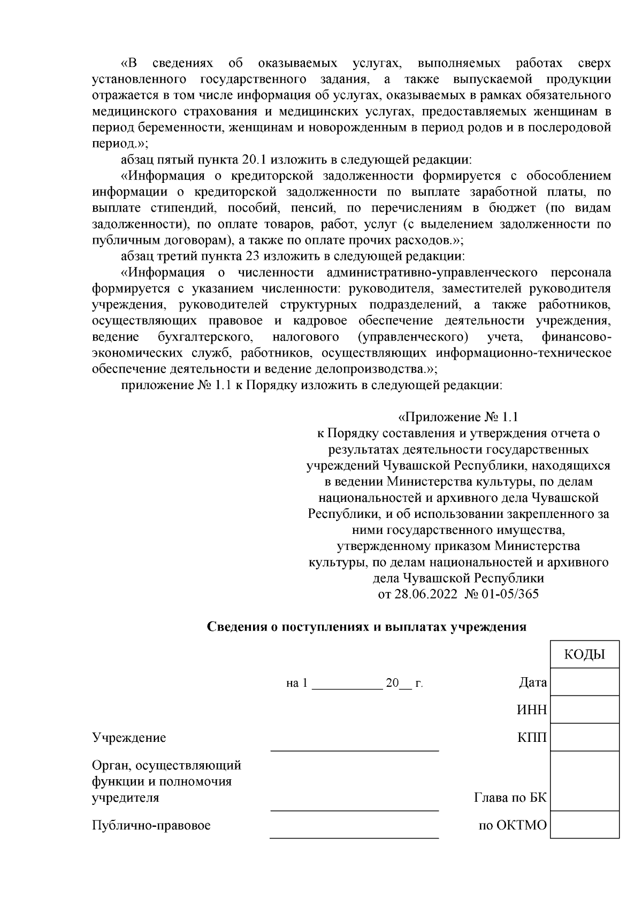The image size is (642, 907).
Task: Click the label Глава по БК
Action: pos(510,797)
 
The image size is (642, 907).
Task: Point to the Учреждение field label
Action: pos(129,738)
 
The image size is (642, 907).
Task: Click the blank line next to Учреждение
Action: pos(354,745)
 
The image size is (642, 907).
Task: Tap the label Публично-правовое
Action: pos(151,825)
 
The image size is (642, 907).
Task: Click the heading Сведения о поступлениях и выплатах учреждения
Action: pos(367,627)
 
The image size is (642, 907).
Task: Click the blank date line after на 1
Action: pos(346,684)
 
